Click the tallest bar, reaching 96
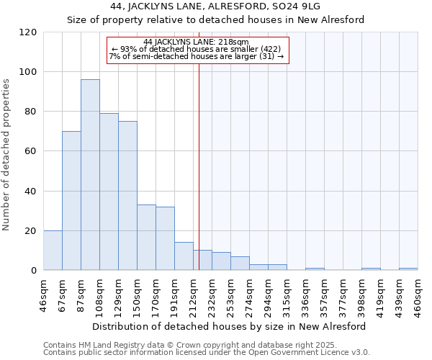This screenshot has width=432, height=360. tap(90, 175)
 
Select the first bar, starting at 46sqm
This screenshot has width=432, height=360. tap(53, 251)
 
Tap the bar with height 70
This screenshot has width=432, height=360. tap(71, 201)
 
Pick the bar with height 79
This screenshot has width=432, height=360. tap(109, 192)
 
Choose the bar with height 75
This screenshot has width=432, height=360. tap(127, 196)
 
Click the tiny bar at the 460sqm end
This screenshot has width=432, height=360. tap(408, 269)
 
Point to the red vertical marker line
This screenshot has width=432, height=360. tap(199, 166)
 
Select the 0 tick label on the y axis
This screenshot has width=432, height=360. tap(33, 271)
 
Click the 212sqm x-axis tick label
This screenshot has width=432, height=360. tap(194, 295)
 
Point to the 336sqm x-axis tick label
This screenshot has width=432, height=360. tap(306, 295)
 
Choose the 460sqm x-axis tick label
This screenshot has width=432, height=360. tap(418, 295)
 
